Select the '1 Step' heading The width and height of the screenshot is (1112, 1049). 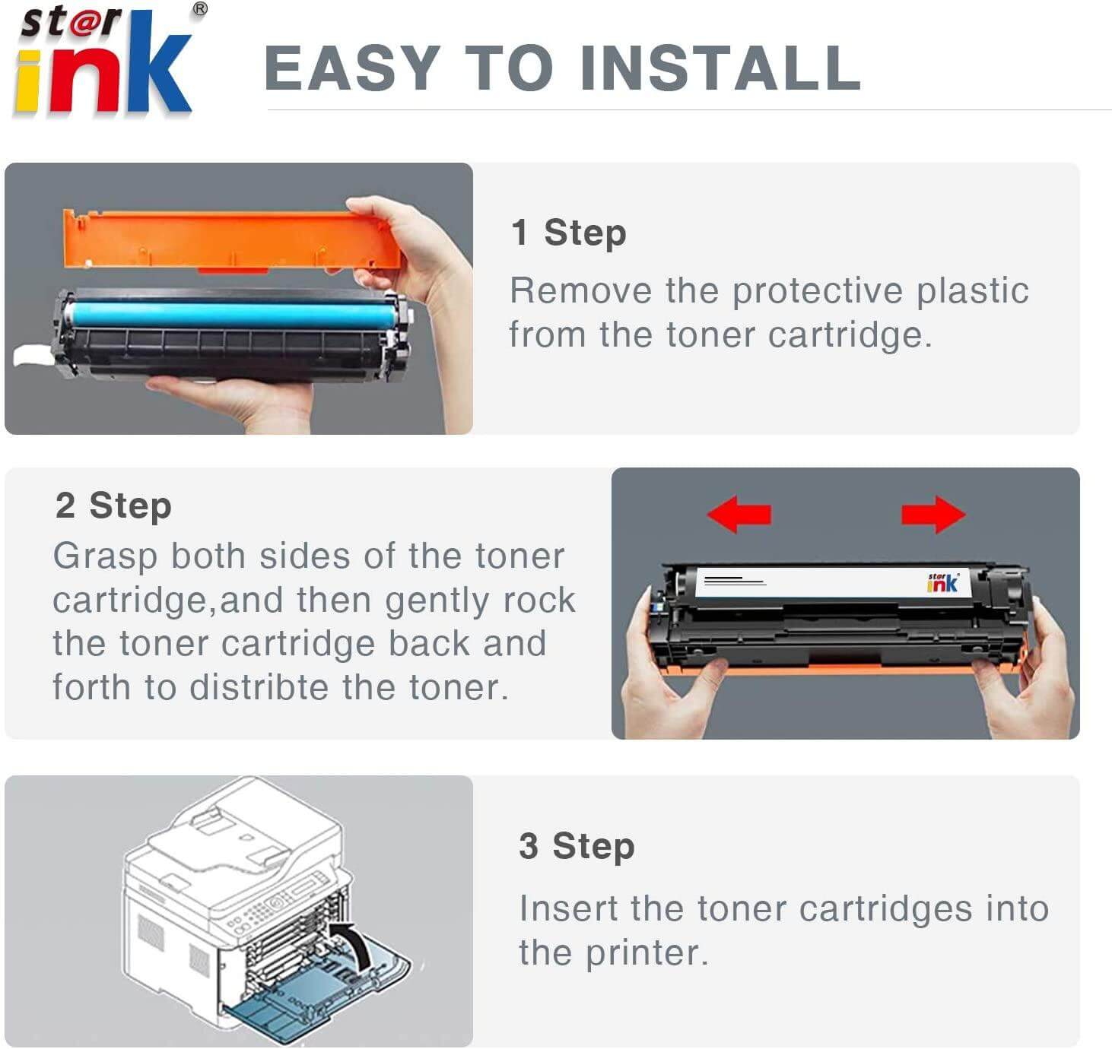click(568, 233)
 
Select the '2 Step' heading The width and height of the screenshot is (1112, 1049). click(113, 505)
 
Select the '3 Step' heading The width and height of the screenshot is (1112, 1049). click(577, 846)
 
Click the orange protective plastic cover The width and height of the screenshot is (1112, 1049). click(228, 239)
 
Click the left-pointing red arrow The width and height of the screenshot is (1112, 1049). click(739, 514)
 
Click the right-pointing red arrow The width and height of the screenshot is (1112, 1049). click(933, 515)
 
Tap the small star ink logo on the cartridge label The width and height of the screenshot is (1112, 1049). click(942, 582)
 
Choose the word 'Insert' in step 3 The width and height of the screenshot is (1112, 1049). click(567, 909)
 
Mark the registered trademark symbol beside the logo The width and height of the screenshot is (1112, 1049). click(199, 9)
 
